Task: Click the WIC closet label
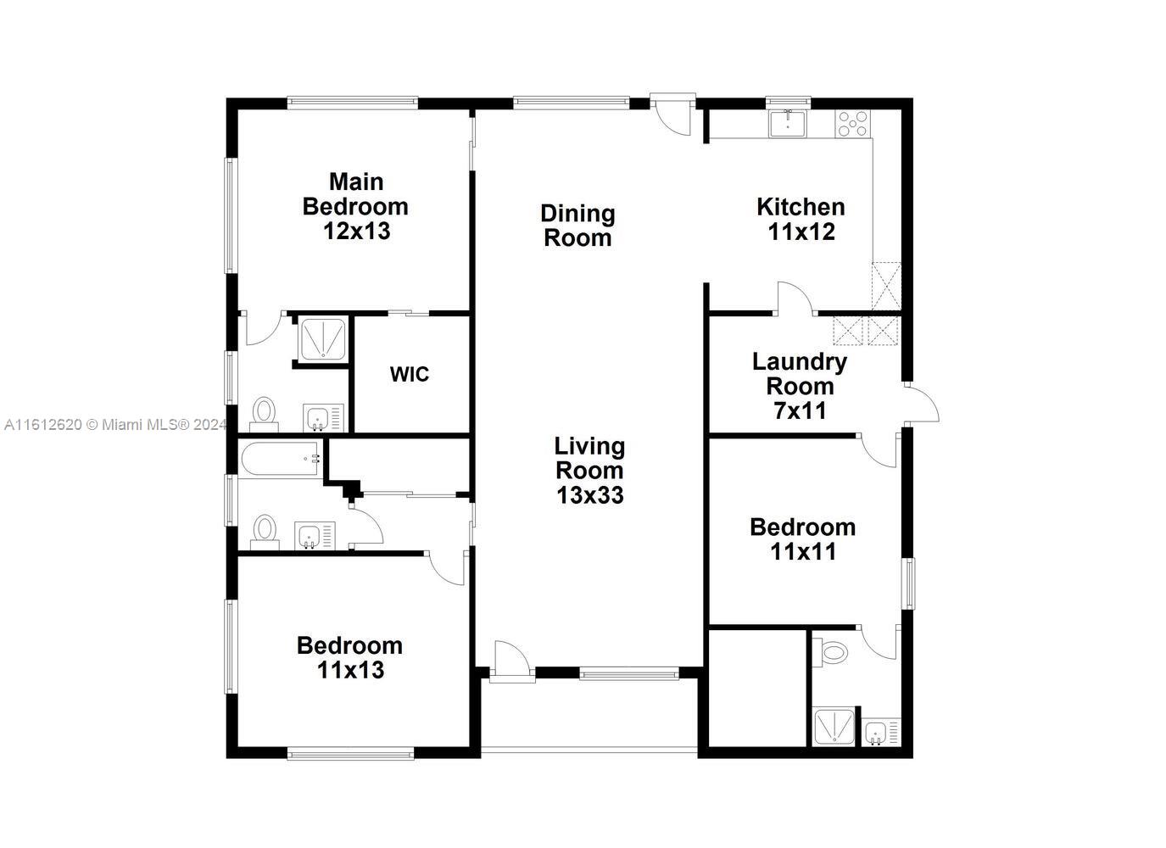tap(410, 374)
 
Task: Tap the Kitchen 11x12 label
tap(801, 219)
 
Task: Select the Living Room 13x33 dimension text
tap(589, 471)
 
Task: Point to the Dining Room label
tap(577, 226)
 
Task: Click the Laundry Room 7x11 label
tap(800, 386)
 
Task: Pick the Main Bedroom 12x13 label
tap(355, 207)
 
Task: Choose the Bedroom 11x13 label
tap(349, 658)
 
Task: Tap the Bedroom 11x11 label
tap(803, 539)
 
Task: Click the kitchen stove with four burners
tap(853, 124)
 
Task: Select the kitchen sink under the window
tap(788, 123)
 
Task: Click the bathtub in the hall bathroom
tap(281, 459)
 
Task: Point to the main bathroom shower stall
tap(323, 339)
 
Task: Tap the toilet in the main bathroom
tap(265, 415)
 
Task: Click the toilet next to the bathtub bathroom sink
tap(265, 532)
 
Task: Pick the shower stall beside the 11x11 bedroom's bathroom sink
tap(834, 726)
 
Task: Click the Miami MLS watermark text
tap(115, 425)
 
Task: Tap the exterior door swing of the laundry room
tap(922, 404)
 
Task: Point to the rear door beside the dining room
tap(672, 114)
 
